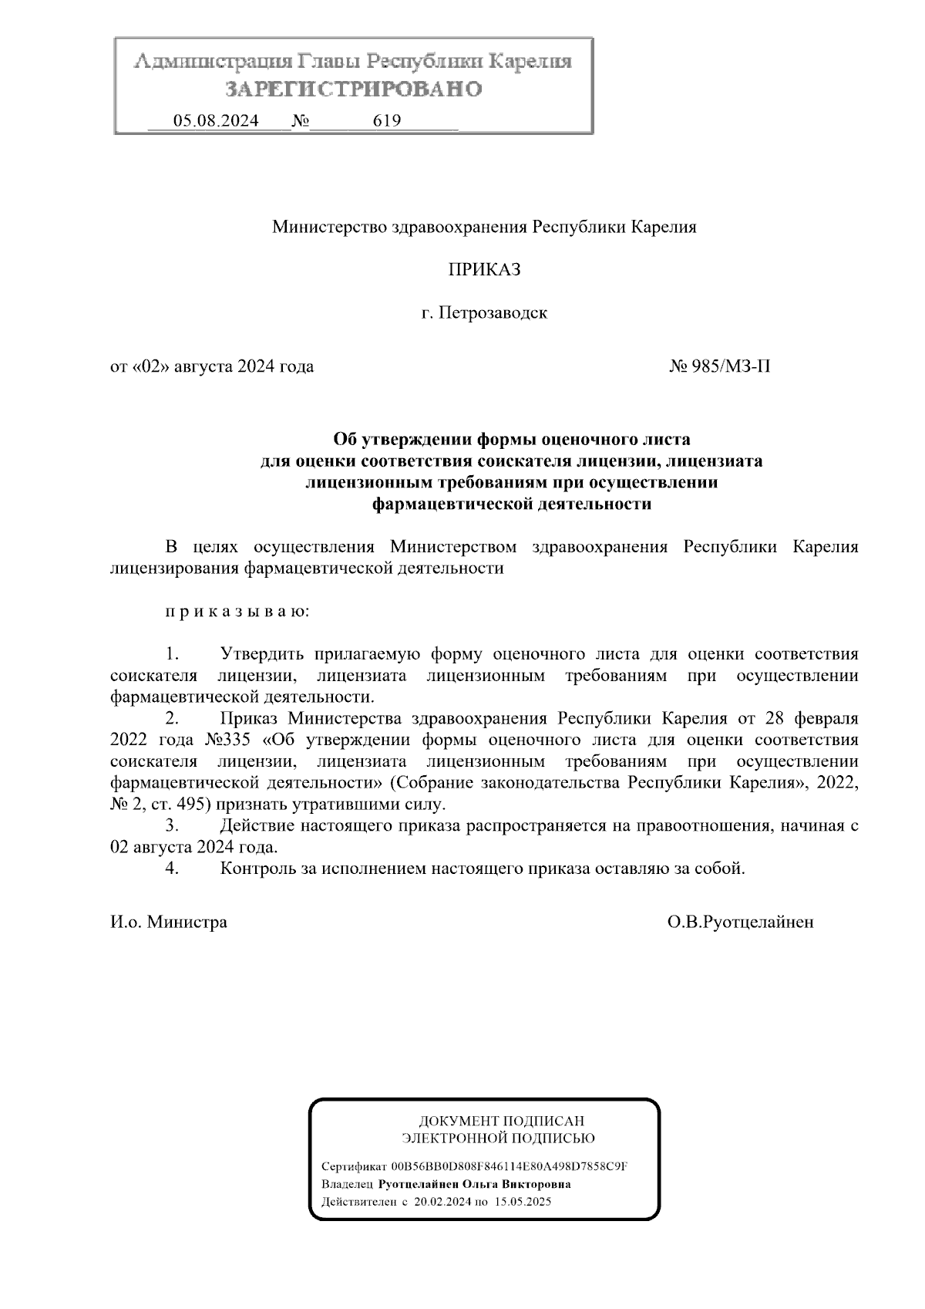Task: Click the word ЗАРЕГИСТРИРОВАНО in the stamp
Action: pos(354,89)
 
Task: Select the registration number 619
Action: pos(386,121)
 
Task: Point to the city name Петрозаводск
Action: pos(493,313)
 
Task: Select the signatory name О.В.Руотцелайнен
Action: pos(741,922)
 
